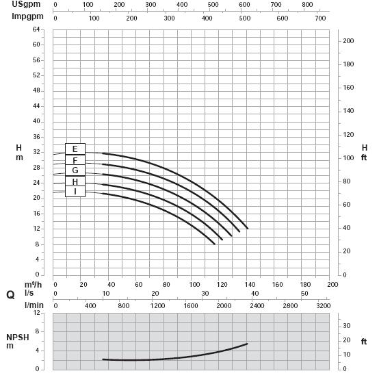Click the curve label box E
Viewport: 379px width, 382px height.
(75, 149)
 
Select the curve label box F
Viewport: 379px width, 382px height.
(75, 160)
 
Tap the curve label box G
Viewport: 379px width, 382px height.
(75, 170)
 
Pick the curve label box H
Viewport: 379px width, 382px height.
(75, 181)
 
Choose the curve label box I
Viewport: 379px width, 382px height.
(75, 192)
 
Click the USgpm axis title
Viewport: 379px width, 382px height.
(26, 4)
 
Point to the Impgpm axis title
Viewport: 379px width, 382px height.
(27, 16)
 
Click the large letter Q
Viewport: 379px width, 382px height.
(10, 295)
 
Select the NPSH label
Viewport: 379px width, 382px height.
(18, 338)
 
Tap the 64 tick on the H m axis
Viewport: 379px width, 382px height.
(36, 29)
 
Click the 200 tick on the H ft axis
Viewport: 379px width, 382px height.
(348, 41)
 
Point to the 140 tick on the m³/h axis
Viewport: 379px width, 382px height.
(250, 285)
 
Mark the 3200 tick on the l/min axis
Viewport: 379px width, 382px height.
(324, 305)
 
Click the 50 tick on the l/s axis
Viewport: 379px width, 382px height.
(304, 294)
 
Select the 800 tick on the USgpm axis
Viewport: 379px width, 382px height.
(307, 4)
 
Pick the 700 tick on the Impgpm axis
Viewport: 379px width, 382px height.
(320, 18)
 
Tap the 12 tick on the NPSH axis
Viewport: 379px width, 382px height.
(37, 313)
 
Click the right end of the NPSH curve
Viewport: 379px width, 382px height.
(248, 344)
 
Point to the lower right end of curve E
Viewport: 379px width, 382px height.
(248, 229)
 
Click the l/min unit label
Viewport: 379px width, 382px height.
(34, 305)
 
